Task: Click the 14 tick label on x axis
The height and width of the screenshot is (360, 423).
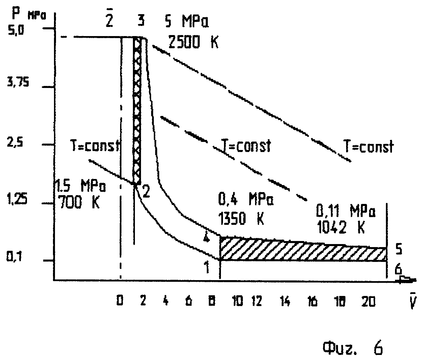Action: click(x=285, y=302)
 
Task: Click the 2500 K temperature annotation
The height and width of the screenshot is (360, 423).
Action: click(x=193, y=43)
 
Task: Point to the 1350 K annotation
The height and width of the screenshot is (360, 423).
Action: click(x=241, y=219)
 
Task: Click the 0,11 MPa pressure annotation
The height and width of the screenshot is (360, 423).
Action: click(x=345, y=212)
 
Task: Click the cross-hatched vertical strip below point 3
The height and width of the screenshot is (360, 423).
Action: click(x=137, y=111)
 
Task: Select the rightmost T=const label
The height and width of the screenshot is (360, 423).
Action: click(x=368, y=147)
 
